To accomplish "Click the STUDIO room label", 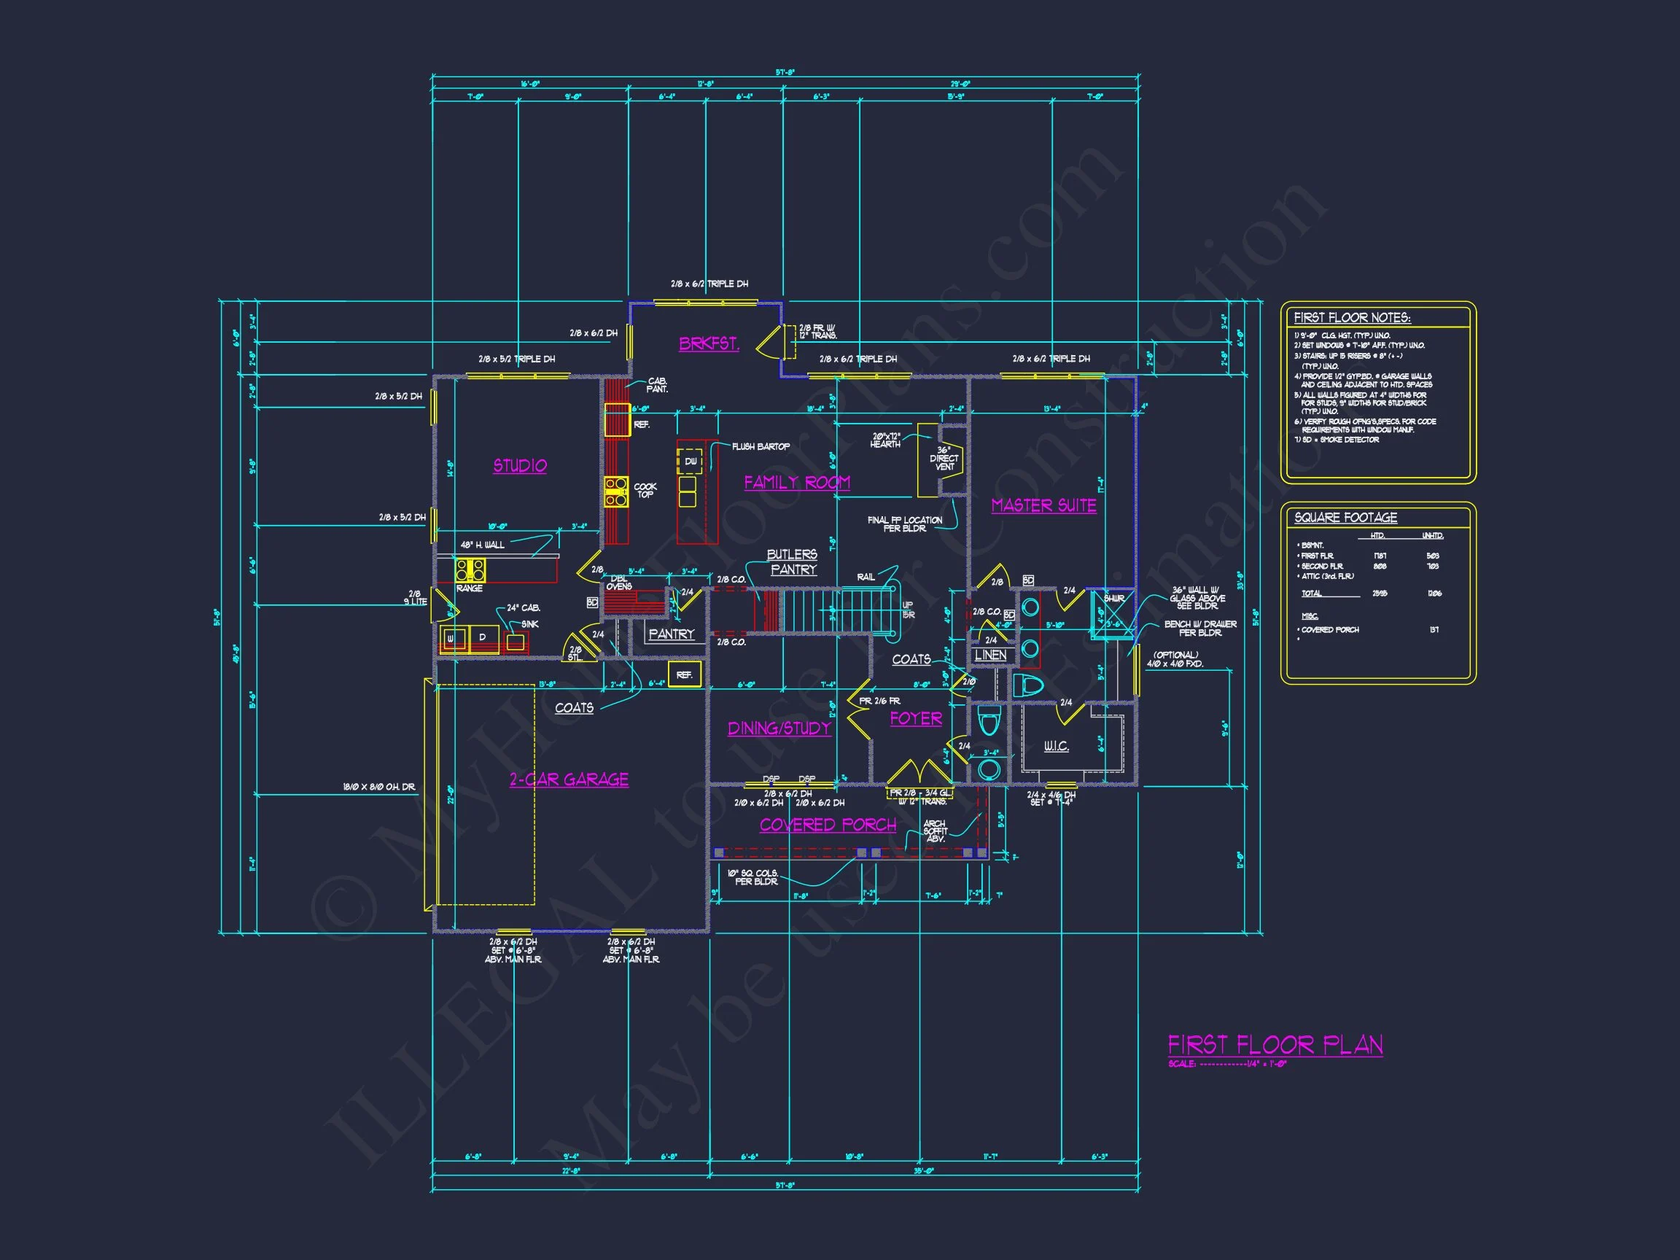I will pyautogui.click(x=520, y=465).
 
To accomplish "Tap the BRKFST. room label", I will pyautogui.click(x=709, y=343).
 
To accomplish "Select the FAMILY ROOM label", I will pyautogui.click(x=797, y=482).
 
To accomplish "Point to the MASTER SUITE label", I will pyautogui.click(x=1043, y=505).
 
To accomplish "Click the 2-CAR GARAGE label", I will pyautogui.click(x=569, y=779).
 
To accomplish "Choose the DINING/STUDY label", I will pyautogui.click(x=779, y=728).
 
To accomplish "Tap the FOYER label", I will pyautogui.click(x=916, y=718).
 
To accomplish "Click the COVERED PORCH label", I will pyautogui.click(x=828, y=825).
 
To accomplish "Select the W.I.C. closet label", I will pyautogui.click(x=1056, y=747).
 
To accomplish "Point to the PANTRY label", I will pyautogui.click(x=672, y=634).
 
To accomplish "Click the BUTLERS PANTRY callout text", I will pyautogui.click(x=792, y=562).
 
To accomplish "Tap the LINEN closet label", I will pyautogui.click(x=990, y=655).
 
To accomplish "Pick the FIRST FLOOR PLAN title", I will pyautogui.click(x=1275, y=1045).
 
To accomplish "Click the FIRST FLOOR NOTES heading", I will pyautogui.click(x=1352, y=317).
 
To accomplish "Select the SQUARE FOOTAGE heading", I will pyautogui.click(x=1346, y=517).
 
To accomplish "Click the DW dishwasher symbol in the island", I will pyautogui.click(x=691, y=462).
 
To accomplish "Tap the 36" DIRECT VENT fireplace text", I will pyautogui.click(x=944, y=459).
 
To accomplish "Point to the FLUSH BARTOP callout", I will pyautogui.click(x=761, y=446).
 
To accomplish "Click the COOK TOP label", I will pyautogui.click(x=645, y=491).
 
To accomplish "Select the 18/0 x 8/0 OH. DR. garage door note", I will pyautogui.click(x=379, y=787).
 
